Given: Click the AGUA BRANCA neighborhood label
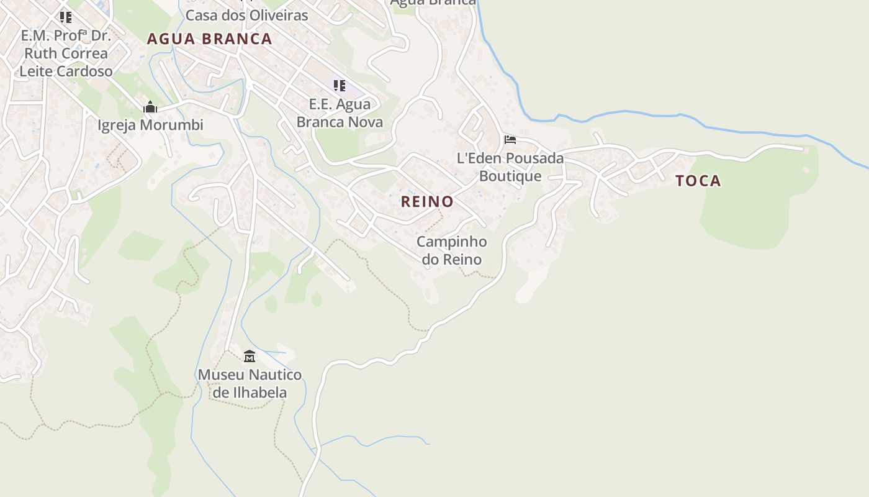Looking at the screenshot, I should coord(209,39).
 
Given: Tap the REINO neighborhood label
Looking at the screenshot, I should coord(427,201).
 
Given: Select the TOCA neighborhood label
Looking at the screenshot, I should coord(698,181).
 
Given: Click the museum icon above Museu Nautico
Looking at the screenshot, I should coord(250,356).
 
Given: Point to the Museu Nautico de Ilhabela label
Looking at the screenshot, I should coord(250,383).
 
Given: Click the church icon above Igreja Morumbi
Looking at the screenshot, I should coord(150,107).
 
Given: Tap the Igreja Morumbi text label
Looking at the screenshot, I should coord(150,125).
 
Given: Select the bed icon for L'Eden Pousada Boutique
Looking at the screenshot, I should coord(510,140).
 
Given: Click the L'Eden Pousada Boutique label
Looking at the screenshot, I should coord(510,166).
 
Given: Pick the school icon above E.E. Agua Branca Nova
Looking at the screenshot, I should coord(339,85).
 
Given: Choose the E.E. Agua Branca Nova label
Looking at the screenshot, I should coord(340,113).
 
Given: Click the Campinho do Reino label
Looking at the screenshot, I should coord(452,250).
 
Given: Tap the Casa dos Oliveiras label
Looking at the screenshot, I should coord(247,16).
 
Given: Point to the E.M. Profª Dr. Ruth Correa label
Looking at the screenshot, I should coord(66,53).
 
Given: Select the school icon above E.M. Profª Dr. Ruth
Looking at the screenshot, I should coord(65,17).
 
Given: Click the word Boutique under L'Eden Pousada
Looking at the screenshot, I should coord(510,176).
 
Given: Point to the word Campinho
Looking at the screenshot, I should coord(452,241).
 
